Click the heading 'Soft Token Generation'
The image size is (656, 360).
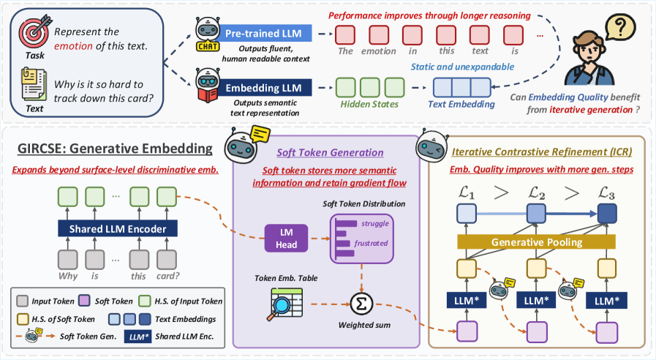(x=330, y=152)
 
